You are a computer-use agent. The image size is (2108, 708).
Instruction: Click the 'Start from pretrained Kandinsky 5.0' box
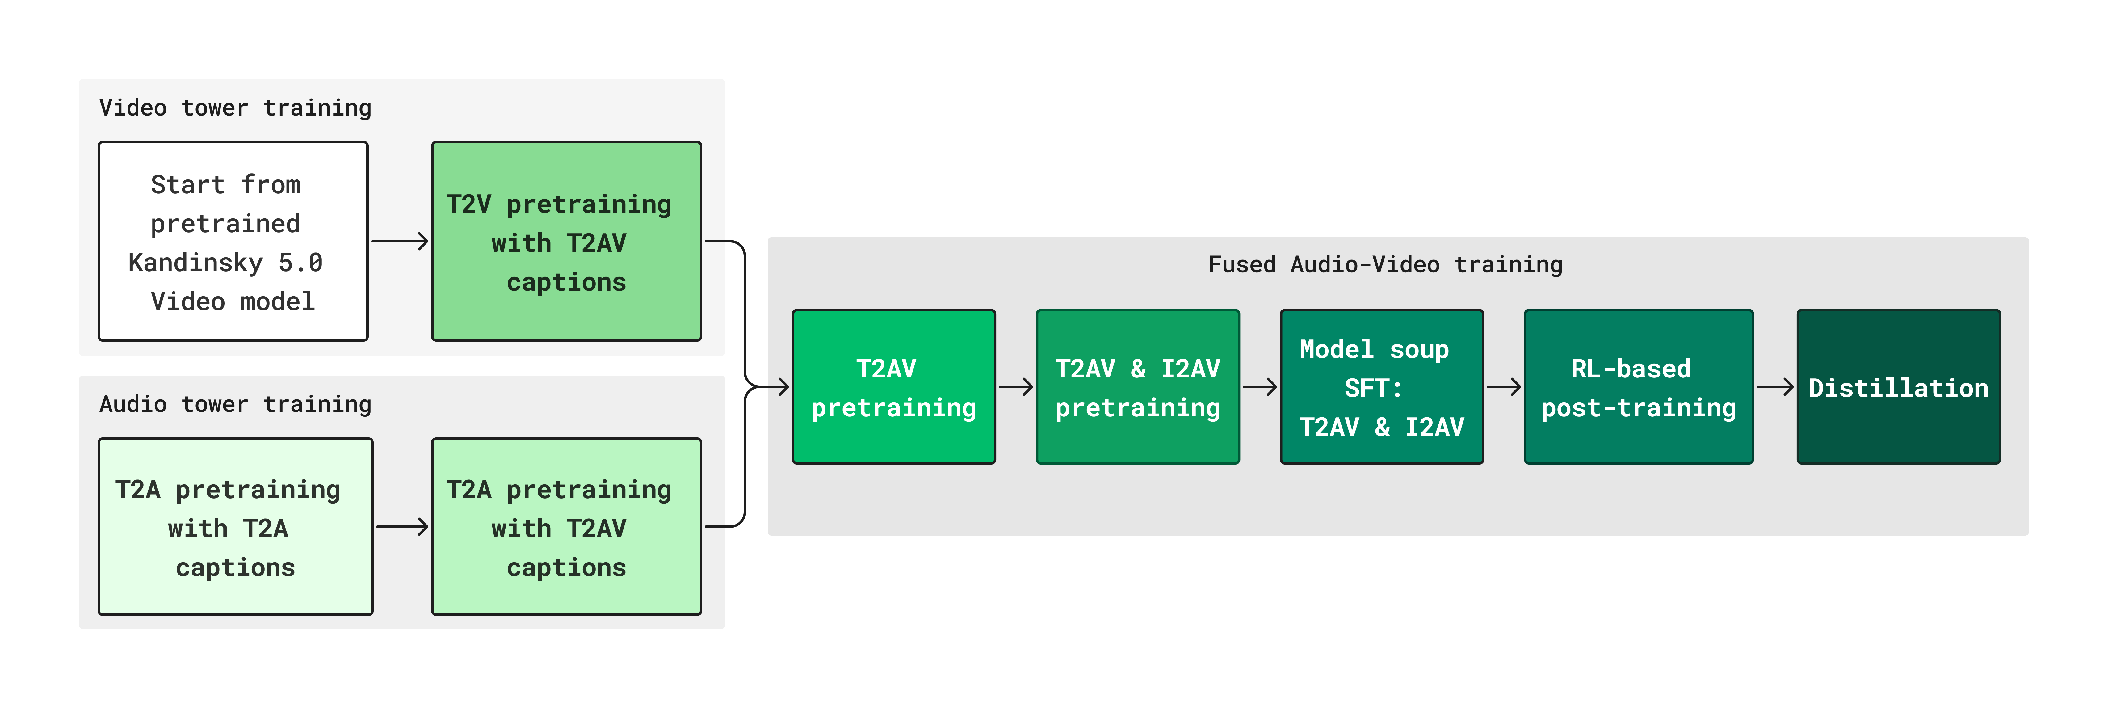coord(233,242)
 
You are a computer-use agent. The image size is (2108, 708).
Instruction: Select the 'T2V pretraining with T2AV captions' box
coord(566,242)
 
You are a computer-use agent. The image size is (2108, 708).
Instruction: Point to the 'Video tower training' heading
coord(236,108)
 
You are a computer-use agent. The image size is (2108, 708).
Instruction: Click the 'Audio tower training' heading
coord(236,404)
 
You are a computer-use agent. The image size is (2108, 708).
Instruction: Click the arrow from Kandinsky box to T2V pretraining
coord(400,242)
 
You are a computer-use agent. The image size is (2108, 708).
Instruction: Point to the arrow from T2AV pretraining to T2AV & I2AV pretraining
coord(1015,387)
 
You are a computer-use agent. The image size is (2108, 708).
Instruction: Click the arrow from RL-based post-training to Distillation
coord(1775,387)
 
